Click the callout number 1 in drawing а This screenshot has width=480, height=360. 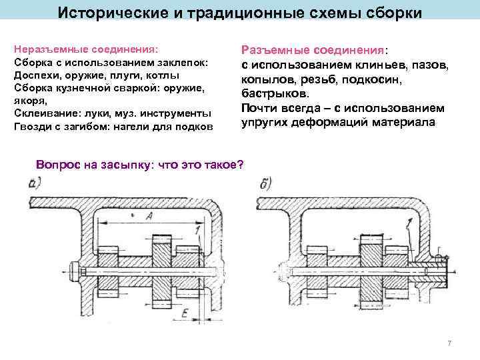pos(198,230)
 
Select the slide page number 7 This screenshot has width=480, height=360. pos(449,343)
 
